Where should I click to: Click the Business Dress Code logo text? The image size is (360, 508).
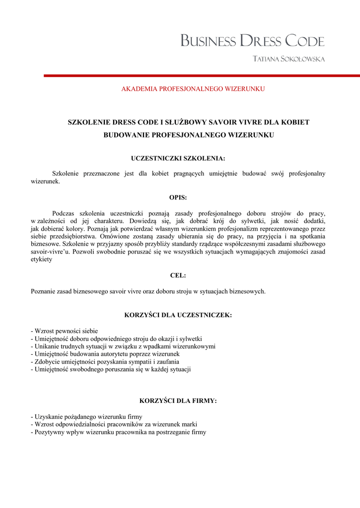click(x=252, y=41)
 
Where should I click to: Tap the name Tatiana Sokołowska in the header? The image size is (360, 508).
click(x=288, y=59)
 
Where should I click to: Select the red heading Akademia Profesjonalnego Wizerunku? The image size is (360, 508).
click(x=193, y=89)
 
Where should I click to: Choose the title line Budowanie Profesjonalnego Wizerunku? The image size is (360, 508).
click(x=188, y=135)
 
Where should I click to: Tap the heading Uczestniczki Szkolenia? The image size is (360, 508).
click(x=178, y=159)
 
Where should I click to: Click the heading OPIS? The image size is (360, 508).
click(x=178, y=197)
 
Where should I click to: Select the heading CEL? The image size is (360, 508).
click(x=178, y=275)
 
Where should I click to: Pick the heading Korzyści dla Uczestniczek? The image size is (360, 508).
click(x=178, y=315)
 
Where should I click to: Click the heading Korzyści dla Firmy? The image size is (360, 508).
click(x=178, y=401)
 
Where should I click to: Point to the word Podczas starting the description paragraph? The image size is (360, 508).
click(x=64, y=213)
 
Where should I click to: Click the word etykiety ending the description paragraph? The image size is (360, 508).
click(x=41, y=259)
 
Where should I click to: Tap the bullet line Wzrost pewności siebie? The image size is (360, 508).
click(x=65, y=331)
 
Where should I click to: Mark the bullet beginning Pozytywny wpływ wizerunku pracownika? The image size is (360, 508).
click(x=118, y=432)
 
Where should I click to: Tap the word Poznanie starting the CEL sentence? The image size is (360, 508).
click(x=43, y=292)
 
